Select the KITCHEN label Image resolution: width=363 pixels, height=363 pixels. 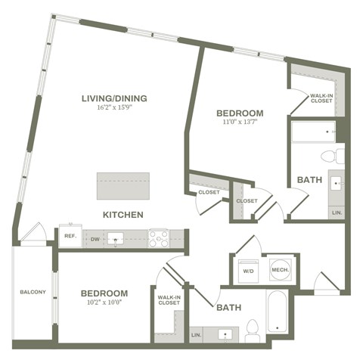point(123,215)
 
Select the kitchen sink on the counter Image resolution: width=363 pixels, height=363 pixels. point(117,239)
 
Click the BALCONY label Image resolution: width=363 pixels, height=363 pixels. point(33,293)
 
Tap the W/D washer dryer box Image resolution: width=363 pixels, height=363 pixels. point(248,270)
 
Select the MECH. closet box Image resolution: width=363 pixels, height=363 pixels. point(278,270)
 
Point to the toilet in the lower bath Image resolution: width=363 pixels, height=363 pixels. point(252,329)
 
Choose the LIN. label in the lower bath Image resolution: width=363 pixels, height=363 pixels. point(197,334)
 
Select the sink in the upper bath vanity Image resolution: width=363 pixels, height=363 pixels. point(336,184)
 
